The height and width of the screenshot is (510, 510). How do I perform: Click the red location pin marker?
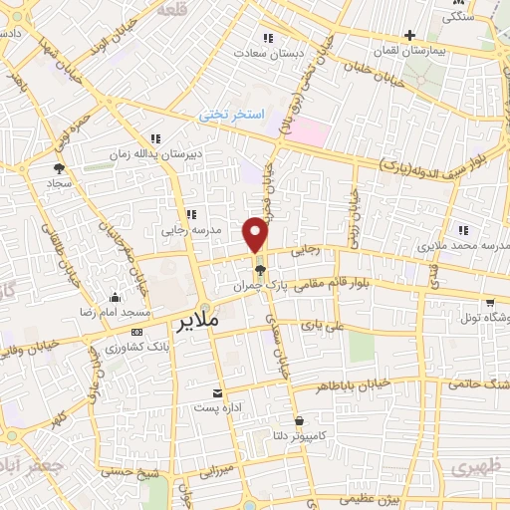[x=256, y=234]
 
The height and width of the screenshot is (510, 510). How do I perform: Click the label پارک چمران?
[x=252, y=285]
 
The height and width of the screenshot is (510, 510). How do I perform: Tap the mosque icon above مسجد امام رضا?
[x=117, y=297]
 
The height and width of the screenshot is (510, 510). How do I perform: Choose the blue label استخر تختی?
[x=230, y=116]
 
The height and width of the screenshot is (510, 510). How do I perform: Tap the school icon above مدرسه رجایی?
[x=190, y=214]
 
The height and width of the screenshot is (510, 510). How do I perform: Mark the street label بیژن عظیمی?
[x=368, y=498]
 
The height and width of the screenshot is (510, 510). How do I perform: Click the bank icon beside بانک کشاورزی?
[x=136, y=332]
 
